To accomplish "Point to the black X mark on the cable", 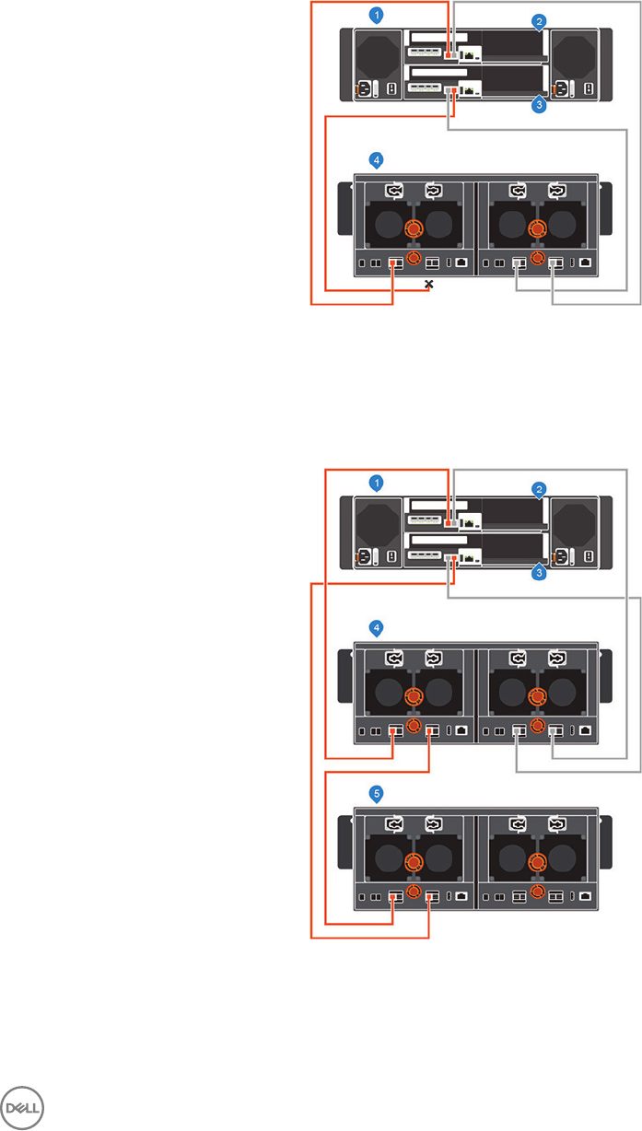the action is (428, 285).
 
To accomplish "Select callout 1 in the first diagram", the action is (375, 14).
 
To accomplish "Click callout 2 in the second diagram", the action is (540, 488).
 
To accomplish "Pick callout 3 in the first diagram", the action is (540, 106).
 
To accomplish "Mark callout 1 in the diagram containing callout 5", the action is (375, 482).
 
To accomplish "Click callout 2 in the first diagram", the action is (540, 20).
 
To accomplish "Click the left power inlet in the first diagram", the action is (361, 89).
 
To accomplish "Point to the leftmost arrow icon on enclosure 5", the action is (395, 823).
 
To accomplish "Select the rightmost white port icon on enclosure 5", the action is (587, 894).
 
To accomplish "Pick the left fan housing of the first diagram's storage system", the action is (376, 54).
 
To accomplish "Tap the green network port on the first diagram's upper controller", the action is (471, 55).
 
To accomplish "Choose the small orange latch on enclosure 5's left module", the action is (414, 892).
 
